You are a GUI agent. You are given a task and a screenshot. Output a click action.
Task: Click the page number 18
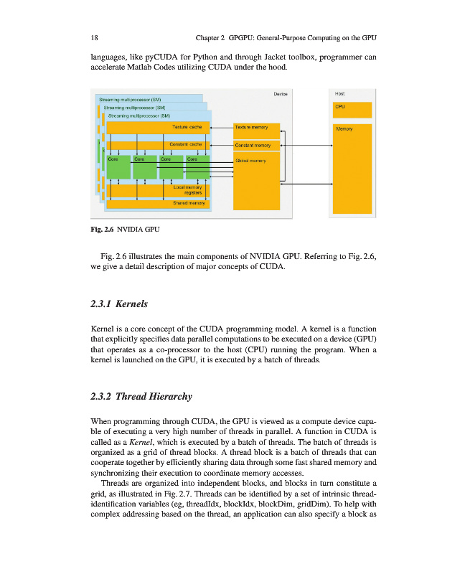click(95, 37)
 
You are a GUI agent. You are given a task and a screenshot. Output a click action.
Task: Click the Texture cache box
click(157, 127)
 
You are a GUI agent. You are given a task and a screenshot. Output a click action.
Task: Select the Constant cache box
click(157, 146)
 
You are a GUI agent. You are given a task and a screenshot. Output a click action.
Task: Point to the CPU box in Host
click(352, 110)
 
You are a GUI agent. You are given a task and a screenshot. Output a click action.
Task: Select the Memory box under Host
click(352, 169)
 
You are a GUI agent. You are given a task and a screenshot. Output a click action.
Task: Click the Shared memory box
click(157, 204)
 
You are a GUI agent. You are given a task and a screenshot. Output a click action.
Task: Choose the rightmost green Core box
click(197, 167)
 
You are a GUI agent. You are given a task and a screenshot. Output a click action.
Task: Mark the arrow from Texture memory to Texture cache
click(220, 127)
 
